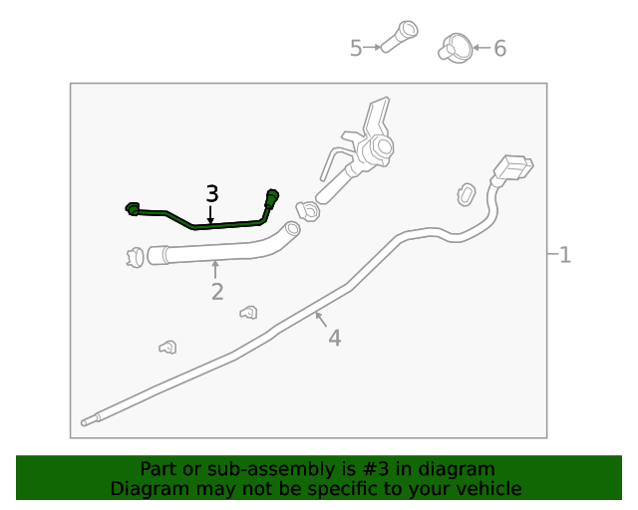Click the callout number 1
pyautogui.click(x=565, y=255)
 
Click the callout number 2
pyautogui.click(x=216, y=292)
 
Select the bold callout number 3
pyautogui.click(x=211, y=193)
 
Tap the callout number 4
pyautogui.click(x=334, y=339)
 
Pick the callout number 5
pyautogui.click(x=356, y=48)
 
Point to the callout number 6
pyautogui.click(x=499, y=48)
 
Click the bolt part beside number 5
pyautogui.click(x=400, y=38)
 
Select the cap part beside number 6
pyautogui.click(x=455, y=46)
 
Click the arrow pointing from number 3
pyautogui.click(x=211, y=213)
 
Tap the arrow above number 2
pyautogui.click(x=215, y=269)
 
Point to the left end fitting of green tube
pyautogui.click(x=133, y=208)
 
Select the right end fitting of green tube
pyautogui.click(x=272, y=196)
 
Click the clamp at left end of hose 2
pyautogui.click(x=134, y=257)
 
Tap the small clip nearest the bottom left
pyautogui.click(x=168, y=347)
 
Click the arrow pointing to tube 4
pyautogui.click(x=319, y=318)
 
